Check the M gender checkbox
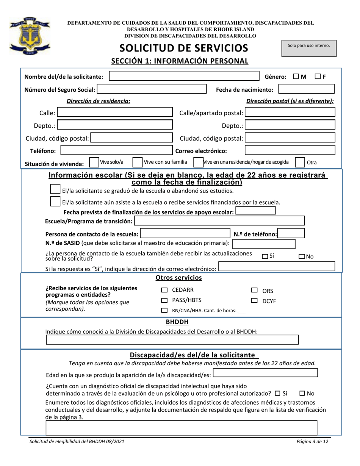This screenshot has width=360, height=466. pos(296,77)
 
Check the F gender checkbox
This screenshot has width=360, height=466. pos(318,77)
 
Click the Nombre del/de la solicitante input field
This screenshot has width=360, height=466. pos(183,77)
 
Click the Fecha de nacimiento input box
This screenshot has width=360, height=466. pos(306,89)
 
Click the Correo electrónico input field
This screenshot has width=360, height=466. pos(290,150)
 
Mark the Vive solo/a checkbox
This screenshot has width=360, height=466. pos(94,163)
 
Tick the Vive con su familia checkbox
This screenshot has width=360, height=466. pos(138,163)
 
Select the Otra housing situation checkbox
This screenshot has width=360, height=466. pos(300,163)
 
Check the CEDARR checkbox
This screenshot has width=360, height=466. pos(164,290)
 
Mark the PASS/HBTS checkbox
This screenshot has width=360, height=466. pos(164,300)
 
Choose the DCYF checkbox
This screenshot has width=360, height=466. pos(254,301)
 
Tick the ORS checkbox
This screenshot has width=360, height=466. pos(254,291)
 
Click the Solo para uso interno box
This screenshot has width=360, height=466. pos(309,48)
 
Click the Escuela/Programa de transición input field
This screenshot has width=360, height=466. pos(219,221)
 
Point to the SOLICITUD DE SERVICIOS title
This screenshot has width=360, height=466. pos(184,48)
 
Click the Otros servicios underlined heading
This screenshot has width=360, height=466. pos(179,278)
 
